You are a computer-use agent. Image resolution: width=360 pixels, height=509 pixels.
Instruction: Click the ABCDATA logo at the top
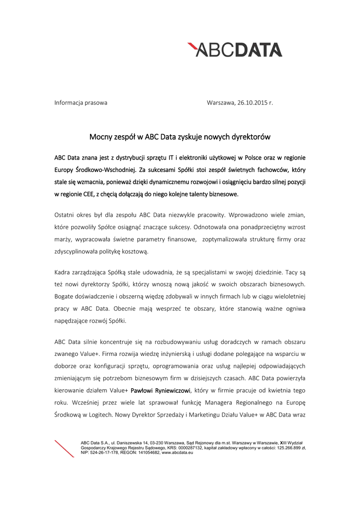pos(234,50)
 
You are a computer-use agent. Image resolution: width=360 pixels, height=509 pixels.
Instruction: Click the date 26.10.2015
pos(252,103)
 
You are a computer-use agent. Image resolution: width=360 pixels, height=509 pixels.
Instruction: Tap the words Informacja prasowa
pos(81,103)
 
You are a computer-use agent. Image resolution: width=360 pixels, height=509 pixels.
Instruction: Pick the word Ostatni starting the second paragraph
pos(65,215)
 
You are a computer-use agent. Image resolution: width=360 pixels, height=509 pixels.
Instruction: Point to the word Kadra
pos(63,273)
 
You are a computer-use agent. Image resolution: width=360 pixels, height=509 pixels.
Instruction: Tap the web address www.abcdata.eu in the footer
pos(177,453)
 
